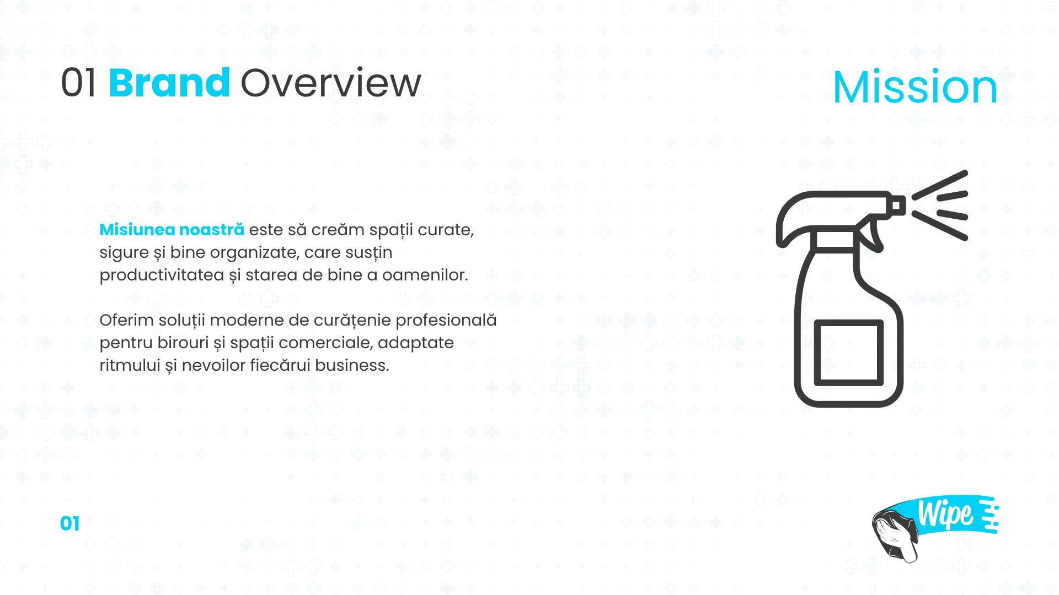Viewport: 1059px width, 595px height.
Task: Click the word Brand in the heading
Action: [169, 83]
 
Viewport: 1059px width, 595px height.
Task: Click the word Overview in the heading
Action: [331, 83]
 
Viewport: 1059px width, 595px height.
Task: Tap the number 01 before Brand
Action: [79, 83]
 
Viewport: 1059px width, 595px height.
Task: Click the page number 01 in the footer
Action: [70, 524]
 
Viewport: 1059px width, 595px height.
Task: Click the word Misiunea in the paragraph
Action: [137, 230]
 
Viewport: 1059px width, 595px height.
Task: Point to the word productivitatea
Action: [162, 275]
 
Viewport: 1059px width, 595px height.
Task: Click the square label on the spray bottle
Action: [849, 352]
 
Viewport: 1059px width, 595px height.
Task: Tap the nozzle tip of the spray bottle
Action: [898, 205]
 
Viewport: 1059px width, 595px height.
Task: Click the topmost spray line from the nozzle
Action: [940, 184]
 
